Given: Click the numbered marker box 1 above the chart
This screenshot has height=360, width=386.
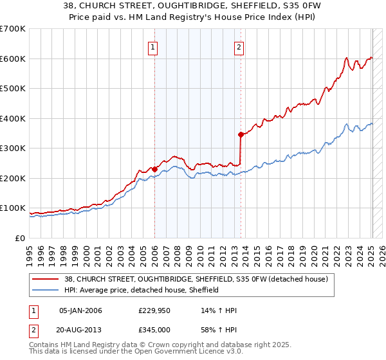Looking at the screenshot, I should [x=154, y=46].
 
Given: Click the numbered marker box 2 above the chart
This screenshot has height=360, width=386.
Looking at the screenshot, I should [x=239, y=46].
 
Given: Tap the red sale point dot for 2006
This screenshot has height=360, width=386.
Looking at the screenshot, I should [x=154, y=170].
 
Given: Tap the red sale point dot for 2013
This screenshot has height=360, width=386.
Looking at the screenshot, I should [x=241, y=134].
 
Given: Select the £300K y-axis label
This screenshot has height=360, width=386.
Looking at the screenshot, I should [x=12, y=148].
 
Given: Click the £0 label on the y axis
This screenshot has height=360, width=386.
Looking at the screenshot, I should [x=21, y=238].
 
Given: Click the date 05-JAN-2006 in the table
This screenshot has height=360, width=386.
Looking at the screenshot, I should [x=80, y=310].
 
